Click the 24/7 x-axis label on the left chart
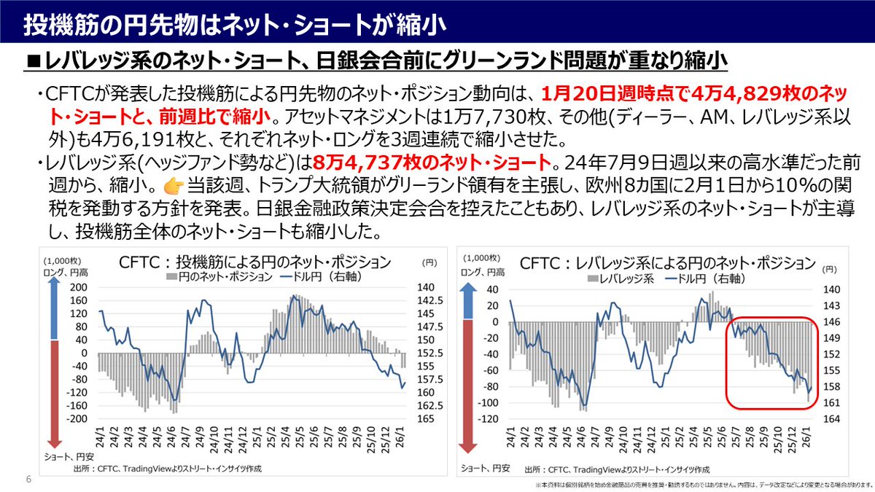[185, 436]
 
